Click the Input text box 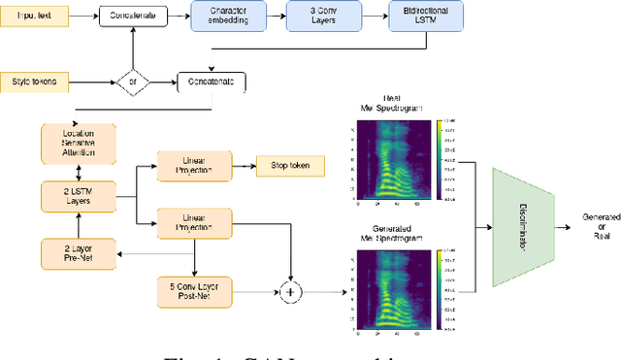[x=36, y=16]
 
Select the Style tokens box [x=34, y=82]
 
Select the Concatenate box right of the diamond [x=211, y=82]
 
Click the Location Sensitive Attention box [x=79, y=144]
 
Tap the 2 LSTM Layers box [x=79, y=198]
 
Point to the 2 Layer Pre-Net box [x=79, y=253]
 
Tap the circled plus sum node [x=288, y=290]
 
